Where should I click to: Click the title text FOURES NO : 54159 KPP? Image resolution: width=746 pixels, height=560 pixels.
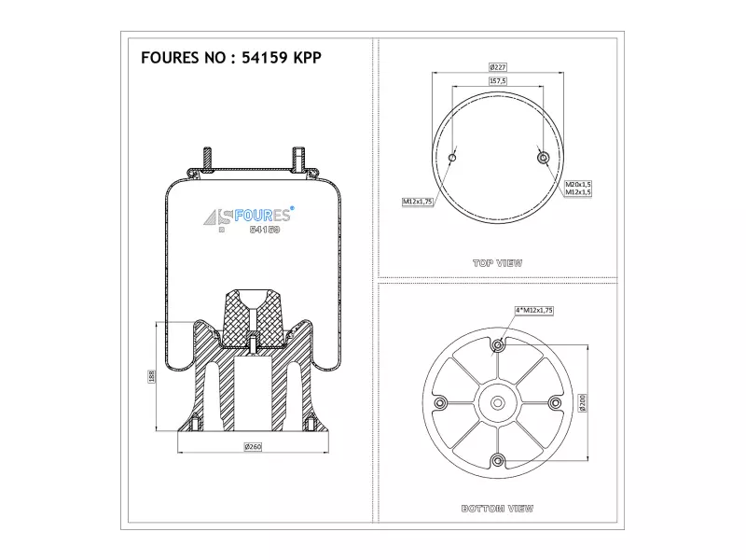point(231,58)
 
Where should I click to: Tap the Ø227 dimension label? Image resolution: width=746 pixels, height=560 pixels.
point(498,67)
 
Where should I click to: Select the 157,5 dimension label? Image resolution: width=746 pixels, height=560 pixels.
point(498,81)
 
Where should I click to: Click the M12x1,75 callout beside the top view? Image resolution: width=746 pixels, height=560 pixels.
point(418,202)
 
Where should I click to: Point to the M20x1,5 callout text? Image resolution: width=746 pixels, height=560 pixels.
point(578,184)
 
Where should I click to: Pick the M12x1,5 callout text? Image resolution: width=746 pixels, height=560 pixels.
point(578,192)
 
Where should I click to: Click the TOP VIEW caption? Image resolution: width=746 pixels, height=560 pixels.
point(498,263)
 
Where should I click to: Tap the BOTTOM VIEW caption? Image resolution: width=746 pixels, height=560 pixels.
point(498,509)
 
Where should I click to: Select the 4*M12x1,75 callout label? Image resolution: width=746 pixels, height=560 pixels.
point(534,311)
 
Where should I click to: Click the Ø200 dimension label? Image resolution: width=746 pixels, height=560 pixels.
point(583,403)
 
